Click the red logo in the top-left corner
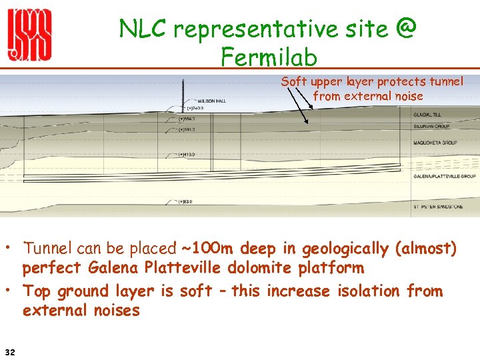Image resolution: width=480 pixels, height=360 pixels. coord(29,36)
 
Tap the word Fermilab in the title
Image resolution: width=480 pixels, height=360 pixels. coord(269,58)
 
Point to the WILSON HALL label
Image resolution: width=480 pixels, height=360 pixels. coord(212,101)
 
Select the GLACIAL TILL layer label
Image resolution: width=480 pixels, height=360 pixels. coord(427,115)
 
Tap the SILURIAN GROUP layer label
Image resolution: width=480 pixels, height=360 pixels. coord(431,126)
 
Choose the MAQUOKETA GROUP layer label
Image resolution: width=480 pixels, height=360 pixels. coord(434,143)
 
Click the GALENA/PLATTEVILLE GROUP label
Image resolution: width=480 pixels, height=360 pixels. coord(444,176)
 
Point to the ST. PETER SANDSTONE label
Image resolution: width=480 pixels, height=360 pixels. coord(439,207)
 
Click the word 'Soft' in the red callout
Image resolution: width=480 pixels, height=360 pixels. coord(293,81)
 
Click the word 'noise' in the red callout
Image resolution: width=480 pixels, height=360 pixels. coord(407,96)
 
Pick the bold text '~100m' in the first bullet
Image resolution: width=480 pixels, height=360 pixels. coord(205,249)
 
